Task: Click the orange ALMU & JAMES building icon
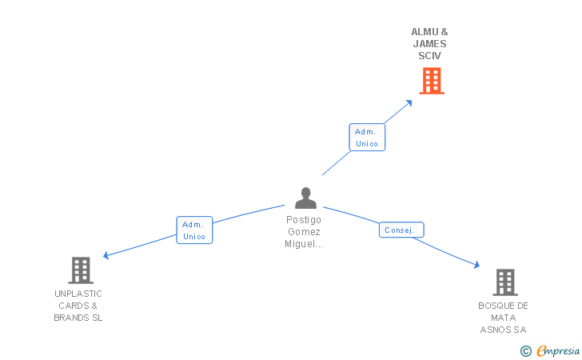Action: pyautogui.click(x=431, y=81)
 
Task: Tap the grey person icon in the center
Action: pyautogui.click(x=305, y=198)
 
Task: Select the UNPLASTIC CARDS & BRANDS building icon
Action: pyautogui.click(x=81, y=270)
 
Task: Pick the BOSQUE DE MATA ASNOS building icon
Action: pyautogui.click(x=504, y=282)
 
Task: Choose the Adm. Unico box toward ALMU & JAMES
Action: pyautogui.click(x=367, y=138)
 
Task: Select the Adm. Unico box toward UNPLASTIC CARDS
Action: pyautogui.click(x=194, y=230)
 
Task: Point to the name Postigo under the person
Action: pyautogui.click(x=304, y=219)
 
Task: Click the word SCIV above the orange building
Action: pyautogui.click(x=429, y=56)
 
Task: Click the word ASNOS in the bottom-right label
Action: pyautogui.click(x=497, y=330)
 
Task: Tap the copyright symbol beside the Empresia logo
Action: pyautogui.click(x=525, y=350)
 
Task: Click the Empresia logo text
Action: pyautogui.click(x=558, y=350)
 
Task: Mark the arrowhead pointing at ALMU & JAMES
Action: pyautogui.click(x=409, y=102)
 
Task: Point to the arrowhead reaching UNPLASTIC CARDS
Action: pyautogui.click(x=106, y=256)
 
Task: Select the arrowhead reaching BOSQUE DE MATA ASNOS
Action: pyautogui.click(x=476, y=266)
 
